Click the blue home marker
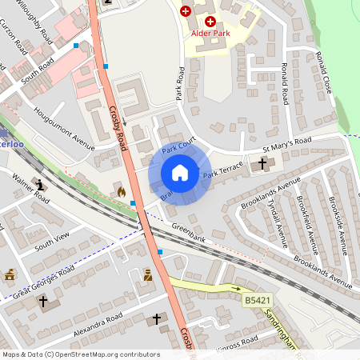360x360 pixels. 180,173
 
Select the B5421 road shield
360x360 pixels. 254,300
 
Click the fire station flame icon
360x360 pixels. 122,192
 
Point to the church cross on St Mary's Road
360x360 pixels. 262,164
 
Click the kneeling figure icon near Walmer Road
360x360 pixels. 40,185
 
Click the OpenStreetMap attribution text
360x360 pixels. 80,354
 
